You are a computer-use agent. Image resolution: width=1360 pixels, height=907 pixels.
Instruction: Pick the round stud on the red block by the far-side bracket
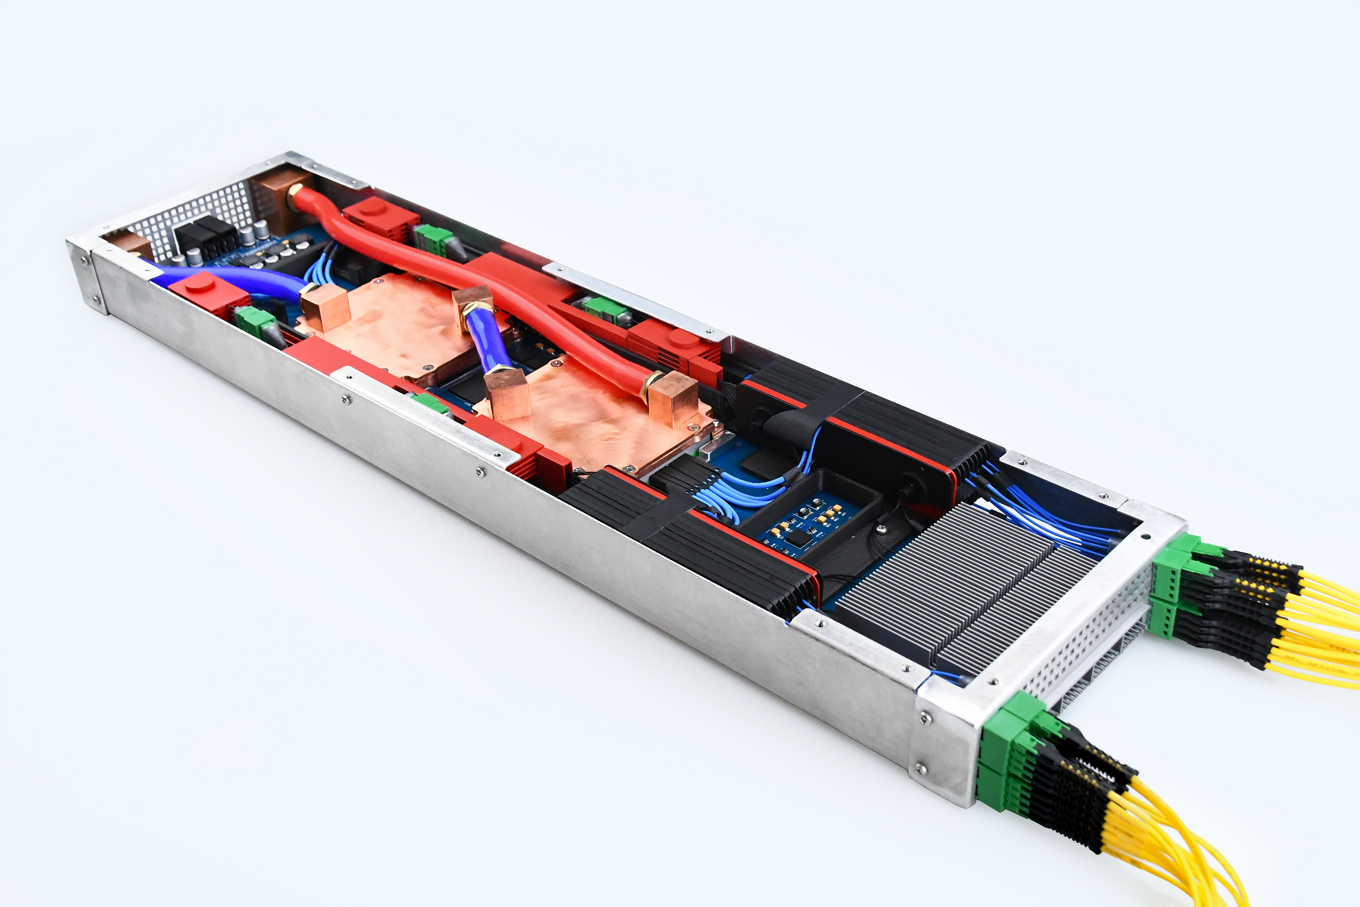(x=684, y=338)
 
